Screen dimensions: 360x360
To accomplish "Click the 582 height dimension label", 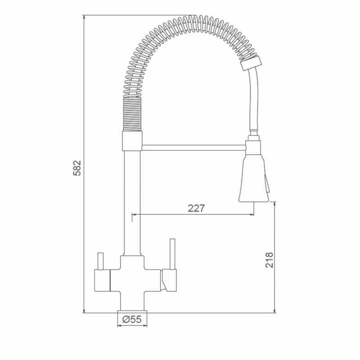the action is coord(77,168).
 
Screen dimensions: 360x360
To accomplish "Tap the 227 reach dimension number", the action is coord(196,208).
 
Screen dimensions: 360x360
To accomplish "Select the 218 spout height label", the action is coord(269,260).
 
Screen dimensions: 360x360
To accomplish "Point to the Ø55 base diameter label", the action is coord(132,319).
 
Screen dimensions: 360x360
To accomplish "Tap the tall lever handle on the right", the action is coord(172,254).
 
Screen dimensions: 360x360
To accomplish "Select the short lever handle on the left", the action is coord(100,261).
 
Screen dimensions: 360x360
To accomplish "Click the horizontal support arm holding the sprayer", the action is coord(194,148).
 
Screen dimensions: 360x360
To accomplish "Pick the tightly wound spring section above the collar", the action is coord(132,114).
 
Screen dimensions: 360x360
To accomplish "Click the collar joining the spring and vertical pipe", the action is coord(132,141).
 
